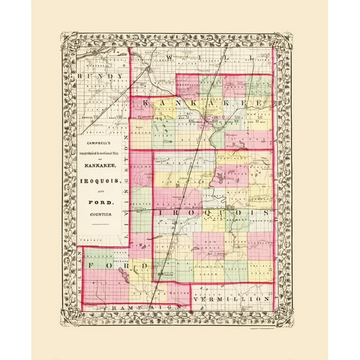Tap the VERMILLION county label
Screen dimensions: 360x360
click(x=232, y=299)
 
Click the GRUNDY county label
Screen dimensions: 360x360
click(x=99, y=77)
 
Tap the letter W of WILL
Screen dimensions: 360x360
click(x=170, y=58)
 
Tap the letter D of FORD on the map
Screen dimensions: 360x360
click(x=144, y=267)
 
